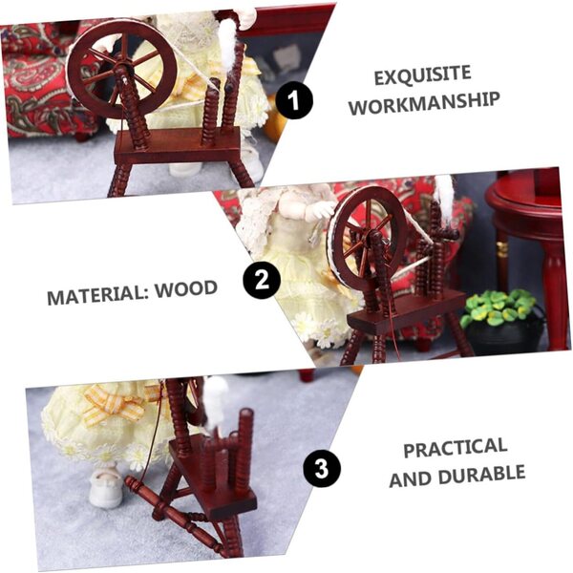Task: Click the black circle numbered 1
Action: (x=294, y=100)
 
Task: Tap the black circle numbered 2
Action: (x=262, y=280)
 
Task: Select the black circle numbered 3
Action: (x=322, y=468)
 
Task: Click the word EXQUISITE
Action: (x=422, y=74)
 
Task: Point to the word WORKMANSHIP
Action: (x=424, y=103)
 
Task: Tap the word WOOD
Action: (x=186, y=289)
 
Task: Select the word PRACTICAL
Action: (x=455, y=448)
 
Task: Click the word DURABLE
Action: (x=481, y=476)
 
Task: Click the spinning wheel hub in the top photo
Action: (x=120, y=68)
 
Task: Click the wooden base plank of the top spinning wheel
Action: (x=178, y=145)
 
